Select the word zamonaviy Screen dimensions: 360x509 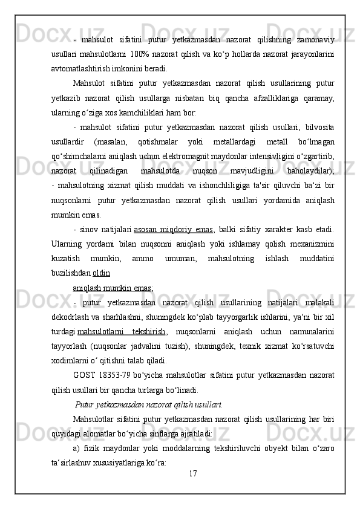[315, 39]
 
